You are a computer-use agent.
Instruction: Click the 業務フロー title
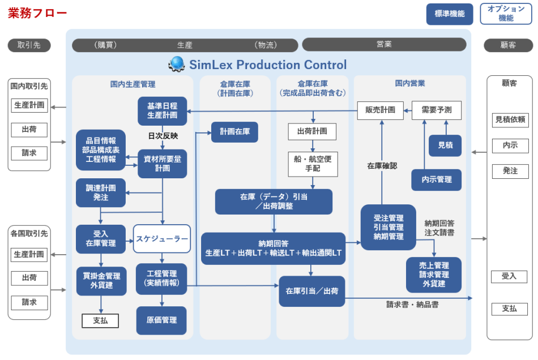coord(37,13)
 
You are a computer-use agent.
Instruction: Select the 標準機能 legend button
coord(449,14)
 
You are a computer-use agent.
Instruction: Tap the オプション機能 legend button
coord(506,14)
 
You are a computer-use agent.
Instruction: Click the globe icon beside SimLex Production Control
coord(177,64)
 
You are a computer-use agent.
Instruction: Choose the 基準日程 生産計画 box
coord(162,110)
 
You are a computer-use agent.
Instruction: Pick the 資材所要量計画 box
coord(162,164)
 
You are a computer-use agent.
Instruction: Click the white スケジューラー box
coord(161,239)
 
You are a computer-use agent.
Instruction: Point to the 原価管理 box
coord(161,320)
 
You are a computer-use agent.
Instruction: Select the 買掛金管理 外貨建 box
coord(101,281)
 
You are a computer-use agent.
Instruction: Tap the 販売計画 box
coord(380,110)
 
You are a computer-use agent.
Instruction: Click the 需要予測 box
coord(436,110)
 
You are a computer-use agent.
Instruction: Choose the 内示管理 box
coord(436,179)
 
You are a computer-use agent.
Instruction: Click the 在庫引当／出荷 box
coord(311,291)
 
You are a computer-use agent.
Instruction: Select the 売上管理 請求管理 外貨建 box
coord(433,275)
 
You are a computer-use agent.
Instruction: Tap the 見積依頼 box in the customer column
coord(510,119)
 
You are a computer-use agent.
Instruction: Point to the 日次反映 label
coord(163,136)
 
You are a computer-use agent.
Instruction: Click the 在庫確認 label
coord(382,166)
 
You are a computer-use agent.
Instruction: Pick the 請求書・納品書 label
coord(412,305)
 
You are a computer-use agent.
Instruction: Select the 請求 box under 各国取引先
coord(29,302)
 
